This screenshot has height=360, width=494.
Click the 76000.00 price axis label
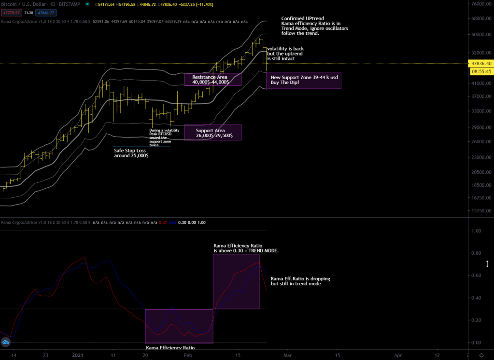(x=481, y=4)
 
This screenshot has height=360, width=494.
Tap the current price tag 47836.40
(x=481, y=63)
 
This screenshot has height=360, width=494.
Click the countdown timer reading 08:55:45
(x=481, y=71)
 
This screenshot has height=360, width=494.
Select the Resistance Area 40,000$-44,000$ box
(x=212, y=80)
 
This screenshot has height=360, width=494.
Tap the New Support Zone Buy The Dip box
(x=304, y=80)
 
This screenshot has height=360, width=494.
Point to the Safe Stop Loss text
(x=131, y=153)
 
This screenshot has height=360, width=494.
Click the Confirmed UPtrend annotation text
(x=314, y=26)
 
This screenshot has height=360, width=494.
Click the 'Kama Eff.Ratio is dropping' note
(x=300, y=281)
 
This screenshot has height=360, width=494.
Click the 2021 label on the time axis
(x=78, y=354)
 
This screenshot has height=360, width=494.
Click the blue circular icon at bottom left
(x=6, y=342)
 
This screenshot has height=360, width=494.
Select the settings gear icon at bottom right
(x=488, y=354)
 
